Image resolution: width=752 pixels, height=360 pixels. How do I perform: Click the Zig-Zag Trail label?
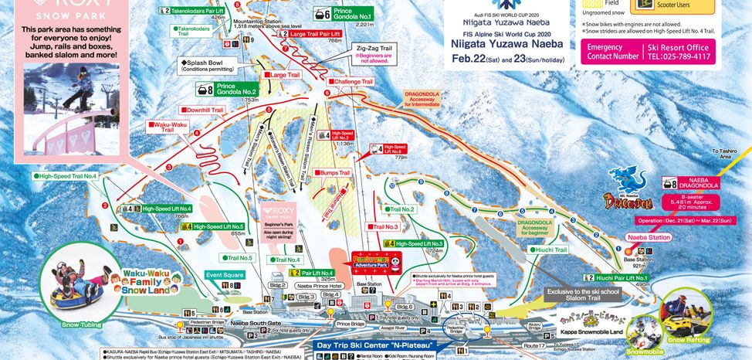(374, 47)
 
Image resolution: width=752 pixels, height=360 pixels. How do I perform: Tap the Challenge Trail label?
(354, 80)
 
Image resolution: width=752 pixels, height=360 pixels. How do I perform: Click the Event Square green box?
(224, 274)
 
